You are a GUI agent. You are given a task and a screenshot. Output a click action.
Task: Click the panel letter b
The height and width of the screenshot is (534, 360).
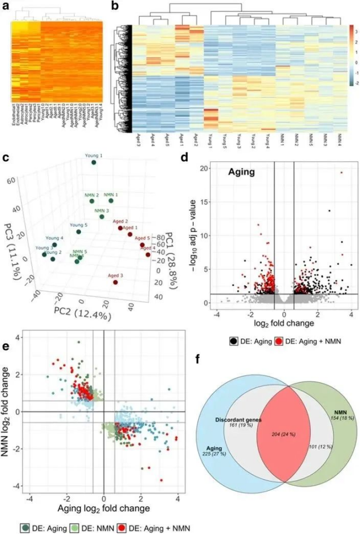coord(115,6)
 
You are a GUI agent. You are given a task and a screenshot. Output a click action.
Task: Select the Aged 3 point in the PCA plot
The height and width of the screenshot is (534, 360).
coord(115,282)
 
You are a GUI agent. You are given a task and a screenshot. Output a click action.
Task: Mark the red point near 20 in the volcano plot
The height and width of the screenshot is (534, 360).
coord(341,173)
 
